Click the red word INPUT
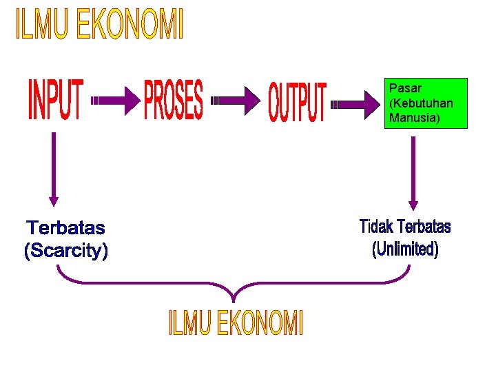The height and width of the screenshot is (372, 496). tap(56, 101)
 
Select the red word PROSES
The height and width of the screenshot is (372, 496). tap(174, 101)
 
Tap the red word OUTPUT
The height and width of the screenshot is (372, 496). tap(297, 103)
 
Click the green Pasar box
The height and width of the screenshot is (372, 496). tap(426, 103)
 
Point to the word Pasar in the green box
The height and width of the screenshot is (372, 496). tap(405, 88)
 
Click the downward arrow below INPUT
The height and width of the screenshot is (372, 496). tap(54, 169)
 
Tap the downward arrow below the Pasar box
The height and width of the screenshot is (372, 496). tap(413, 173)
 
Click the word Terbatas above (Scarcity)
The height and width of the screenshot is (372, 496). tap(65, 227)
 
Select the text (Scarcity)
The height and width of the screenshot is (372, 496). tap(66, 251)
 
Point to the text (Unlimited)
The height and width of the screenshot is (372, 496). tap(405, 249)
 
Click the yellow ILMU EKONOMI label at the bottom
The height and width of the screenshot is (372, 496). tap(236, 323)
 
